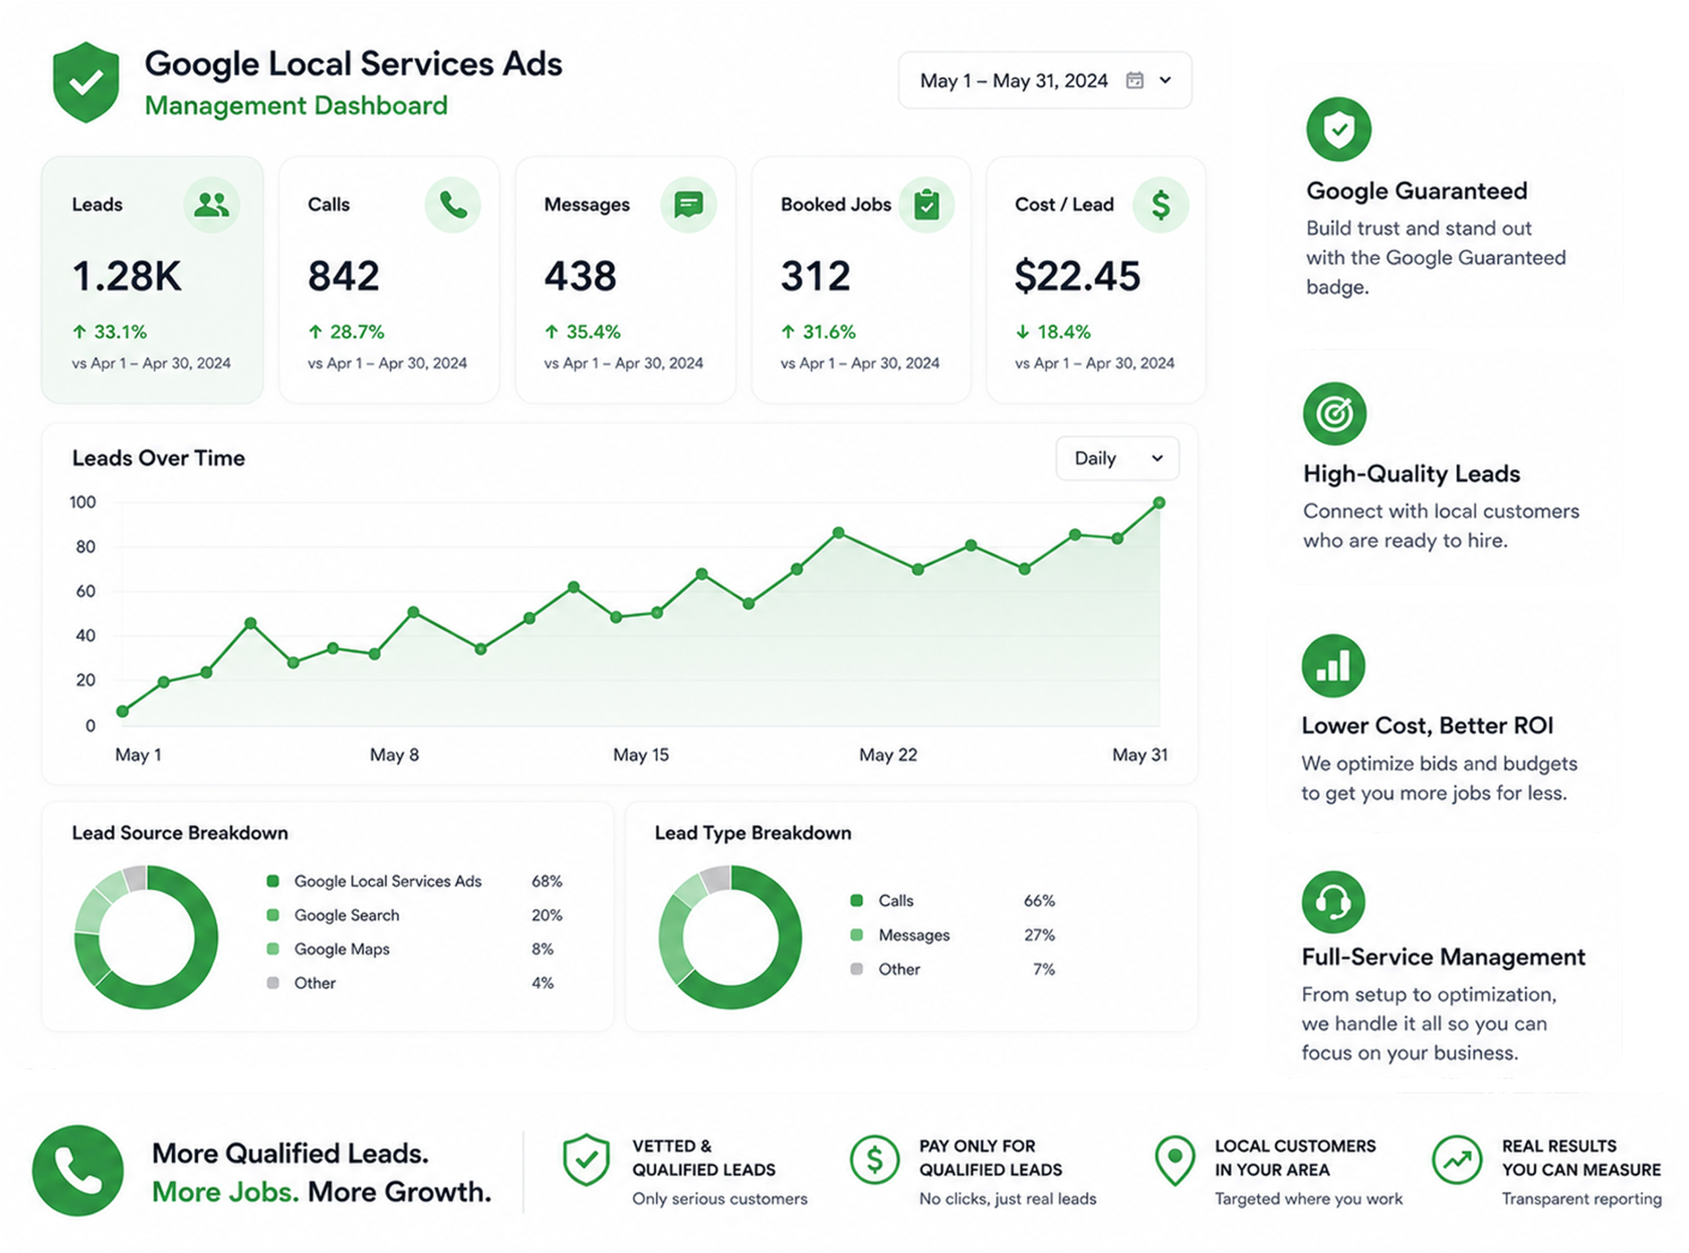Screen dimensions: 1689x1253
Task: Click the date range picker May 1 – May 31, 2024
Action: point(1044,80)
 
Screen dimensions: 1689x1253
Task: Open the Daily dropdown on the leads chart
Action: point(1117,458)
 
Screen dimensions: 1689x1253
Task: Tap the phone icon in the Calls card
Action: point(453,205)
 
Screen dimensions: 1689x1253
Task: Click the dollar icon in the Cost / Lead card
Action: point(1161,205)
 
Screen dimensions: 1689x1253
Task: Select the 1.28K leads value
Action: point(127,276)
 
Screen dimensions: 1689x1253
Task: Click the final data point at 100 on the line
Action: point(1159,503)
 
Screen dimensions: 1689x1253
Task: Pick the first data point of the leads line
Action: point(123,711)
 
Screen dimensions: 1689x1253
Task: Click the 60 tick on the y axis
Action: point(86,591)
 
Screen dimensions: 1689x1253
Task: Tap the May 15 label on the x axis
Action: point(641,755)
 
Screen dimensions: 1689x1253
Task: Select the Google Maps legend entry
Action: point(329,949)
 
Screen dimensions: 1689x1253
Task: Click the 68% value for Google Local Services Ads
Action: point(547,882)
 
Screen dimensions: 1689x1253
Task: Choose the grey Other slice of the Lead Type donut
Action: point(715,879)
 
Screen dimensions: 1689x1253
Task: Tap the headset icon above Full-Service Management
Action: point(1333,902)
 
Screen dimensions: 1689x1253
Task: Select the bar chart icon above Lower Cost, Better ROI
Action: point(1333,666)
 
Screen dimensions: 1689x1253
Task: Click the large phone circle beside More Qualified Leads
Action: point(77,1171)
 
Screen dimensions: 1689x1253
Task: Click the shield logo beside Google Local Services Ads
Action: point(86,82)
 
